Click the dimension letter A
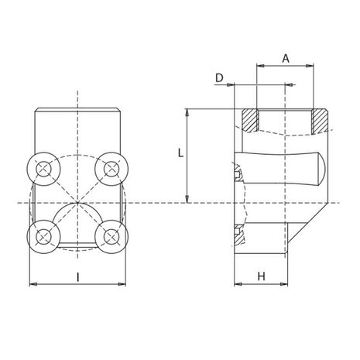286,59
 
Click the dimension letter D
219,77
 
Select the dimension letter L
180,153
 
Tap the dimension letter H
262,276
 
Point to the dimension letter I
78,277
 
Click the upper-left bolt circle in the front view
44,169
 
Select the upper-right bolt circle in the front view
111,169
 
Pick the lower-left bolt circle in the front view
44,237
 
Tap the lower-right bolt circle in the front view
111,237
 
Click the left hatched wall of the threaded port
250,120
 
